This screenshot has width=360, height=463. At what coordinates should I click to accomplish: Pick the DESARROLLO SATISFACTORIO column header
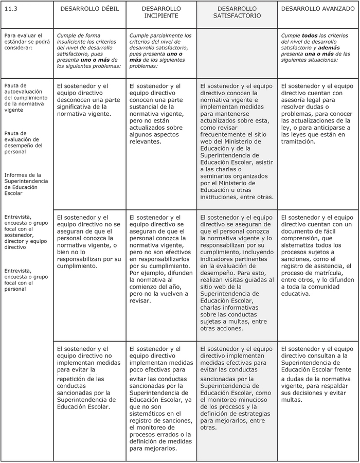tap(237, 12)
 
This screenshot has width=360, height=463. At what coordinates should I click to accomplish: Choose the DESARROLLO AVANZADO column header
tap(317, 9)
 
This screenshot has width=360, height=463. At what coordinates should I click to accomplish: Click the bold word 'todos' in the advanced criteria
tap(310, 35)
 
